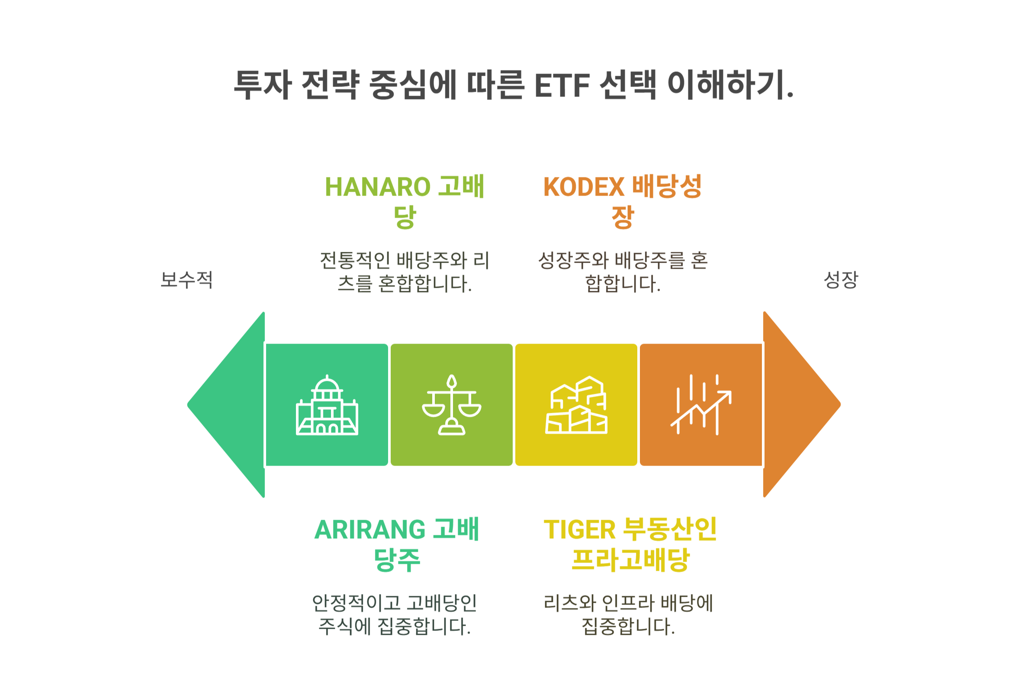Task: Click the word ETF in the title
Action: (x=562, y=85)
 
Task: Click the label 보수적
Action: (x=186, y=280)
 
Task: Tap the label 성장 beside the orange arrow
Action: (x=841, y=280)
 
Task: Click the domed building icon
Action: (x=327, y=405)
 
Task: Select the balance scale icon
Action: (x=452, y=405)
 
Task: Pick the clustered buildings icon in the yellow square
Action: (x=576, y=405)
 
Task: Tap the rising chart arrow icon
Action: (x=700, y=405)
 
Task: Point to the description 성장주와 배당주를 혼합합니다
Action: (x=622, y=272)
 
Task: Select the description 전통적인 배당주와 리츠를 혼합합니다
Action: (x=405, y=272)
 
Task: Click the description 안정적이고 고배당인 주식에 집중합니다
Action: (x=394, y=614)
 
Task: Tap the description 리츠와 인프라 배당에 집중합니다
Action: (x=628, y=614)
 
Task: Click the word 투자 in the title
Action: (x=263, y=85)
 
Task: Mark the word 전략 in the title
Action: (x=330, y=85)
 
